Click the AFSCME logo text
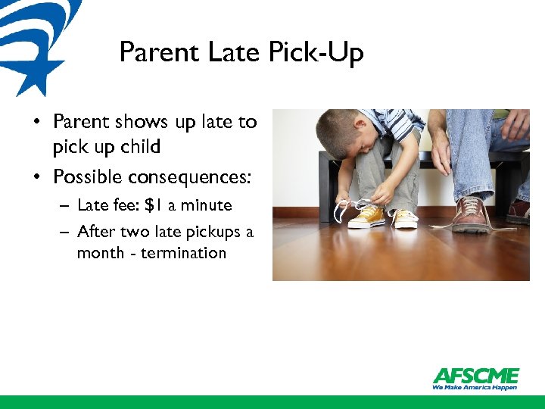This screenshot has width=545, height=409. click(x=475, y=376)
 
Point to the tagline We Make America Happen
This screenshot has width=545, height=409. click(x=475, y=387)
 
